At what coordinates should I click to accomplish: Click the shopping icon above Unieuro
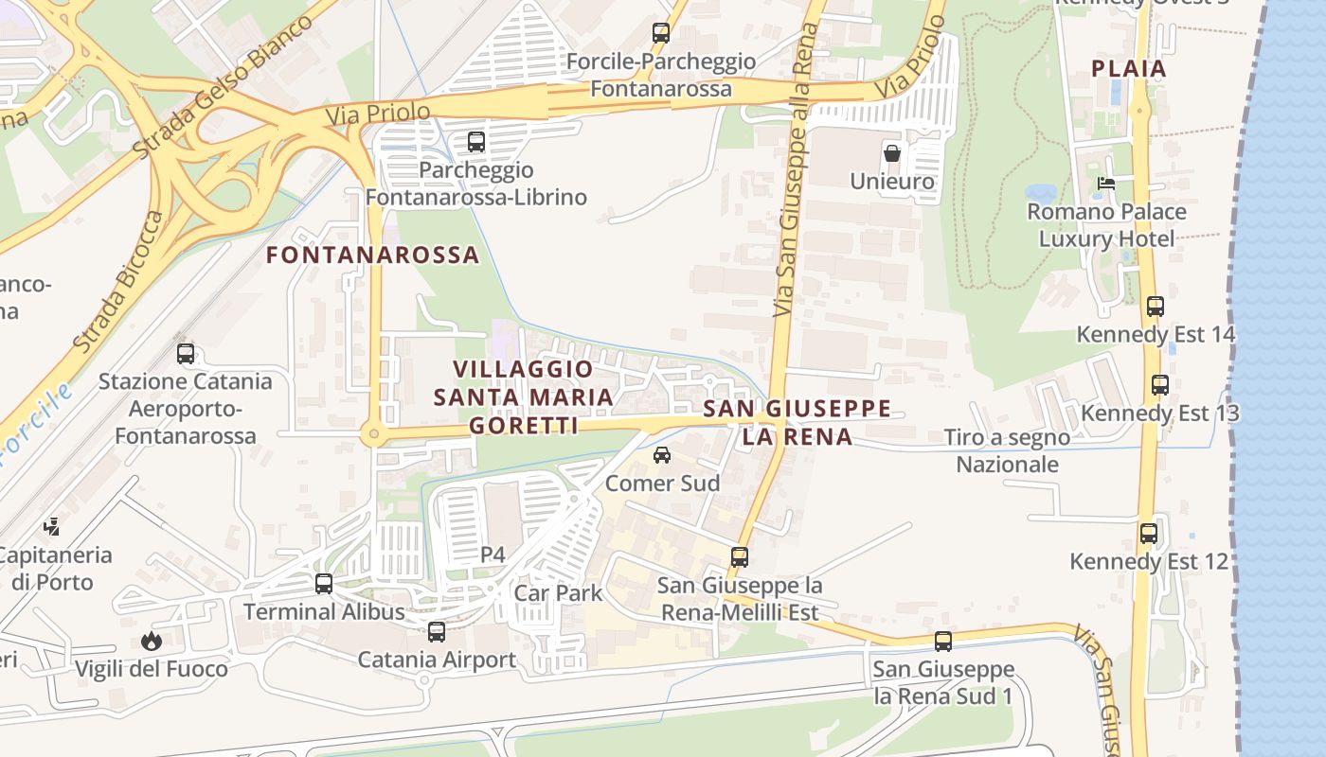(891, 152)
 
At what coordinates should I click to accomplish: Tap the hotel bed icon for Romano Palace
(1105, 184)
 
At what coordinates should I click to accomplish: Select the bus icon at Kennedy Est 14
(1155, 307)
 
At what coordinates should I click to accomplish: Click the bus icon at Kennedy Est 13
(1159, 385)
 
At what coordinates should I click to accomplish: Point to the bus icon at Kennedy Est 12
(1148, 534)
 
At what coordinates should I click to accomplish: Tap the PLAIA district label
(1129, 69)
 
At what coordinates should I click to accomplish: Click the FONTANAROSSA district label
(372, 255)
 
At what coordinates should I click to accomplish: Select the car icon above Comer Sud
(662, 455)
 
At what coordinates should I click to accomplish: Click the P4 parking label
(493, 555)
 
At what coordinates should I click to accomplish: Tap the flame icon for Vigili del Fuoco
(151, 642)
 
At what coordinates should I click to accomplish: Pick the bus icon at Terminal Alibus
(324, 584)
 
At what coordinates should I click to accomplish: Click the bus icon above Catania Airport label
(436, 631)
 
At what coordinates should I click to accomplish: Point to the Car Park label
(558, 593)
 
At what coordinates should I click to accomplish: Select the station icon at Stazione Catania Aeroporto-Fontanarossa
(186, 354)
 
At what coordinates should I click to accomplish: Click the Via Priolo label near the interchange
(377, 114)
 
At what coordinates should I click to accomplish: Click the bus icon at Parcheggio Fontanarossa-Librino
(475, 142)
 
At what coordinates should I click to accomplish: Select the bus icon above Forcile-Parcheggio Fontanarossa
(661, 33)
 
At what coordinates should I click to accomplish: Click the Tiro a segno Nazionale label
(1007, 450)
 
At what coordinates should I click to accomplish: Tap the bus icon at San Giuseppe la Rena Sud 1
(942, 642)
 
